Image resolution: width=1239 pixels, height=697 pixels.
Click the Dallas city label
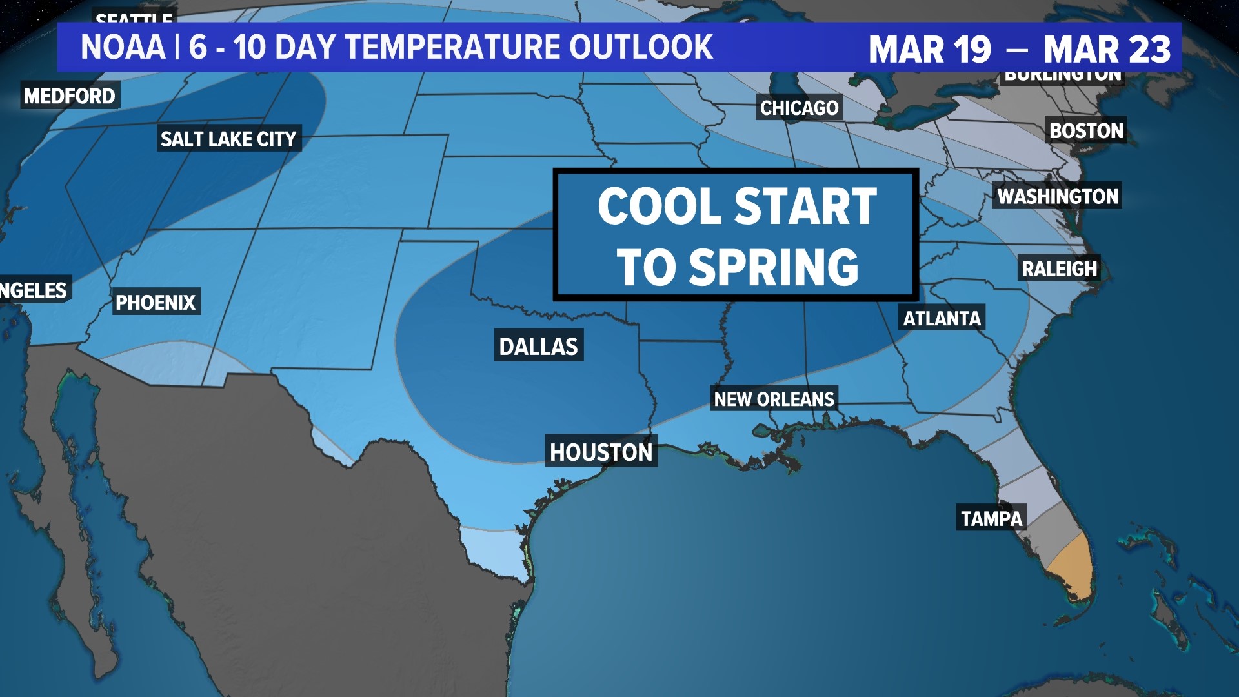click(x=539, y=347)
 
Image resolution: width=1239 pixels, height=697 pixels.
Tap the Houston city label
click(x=601, y=452)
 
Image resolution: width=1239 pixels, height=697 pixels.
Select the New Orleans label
click(x=774, y=399)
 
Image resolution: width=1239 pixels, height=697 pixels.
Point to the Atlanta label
click(x=942, y=318)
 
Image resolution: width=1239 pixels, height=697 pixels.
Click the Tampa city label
click(x=992, y=519)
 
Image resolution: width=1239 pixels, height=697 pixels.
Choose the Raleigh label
click(x=1060, y=268)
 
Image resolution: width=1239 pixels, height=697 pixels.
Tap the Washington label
click(x=1058, y=196)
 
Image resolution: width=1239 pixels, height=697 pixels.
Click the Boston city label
click(x=1086, y=131)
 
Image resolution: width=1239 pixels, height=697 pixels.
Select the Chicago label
click(x=799, y=108)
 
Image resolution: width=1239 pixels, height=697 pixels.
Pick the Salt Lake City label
click(x=228, y=139)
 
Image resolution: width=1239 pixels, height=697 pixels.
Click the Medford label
click(x=70, y=96)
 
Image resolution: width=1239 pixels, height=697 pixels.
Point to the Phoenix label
click(x=156, y=302)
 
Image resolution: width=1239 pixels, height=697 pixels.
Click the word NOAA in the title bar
click(x=123, y=48)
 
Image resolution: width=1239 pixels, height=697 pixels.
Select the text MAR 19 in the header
click(x=929, y=50)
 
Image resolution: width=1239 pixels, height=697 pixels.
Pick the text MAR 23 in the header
click(x=1107, y=50)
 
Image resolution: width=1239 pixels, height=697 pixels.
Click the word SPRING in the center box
click(x=774, y=267)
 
